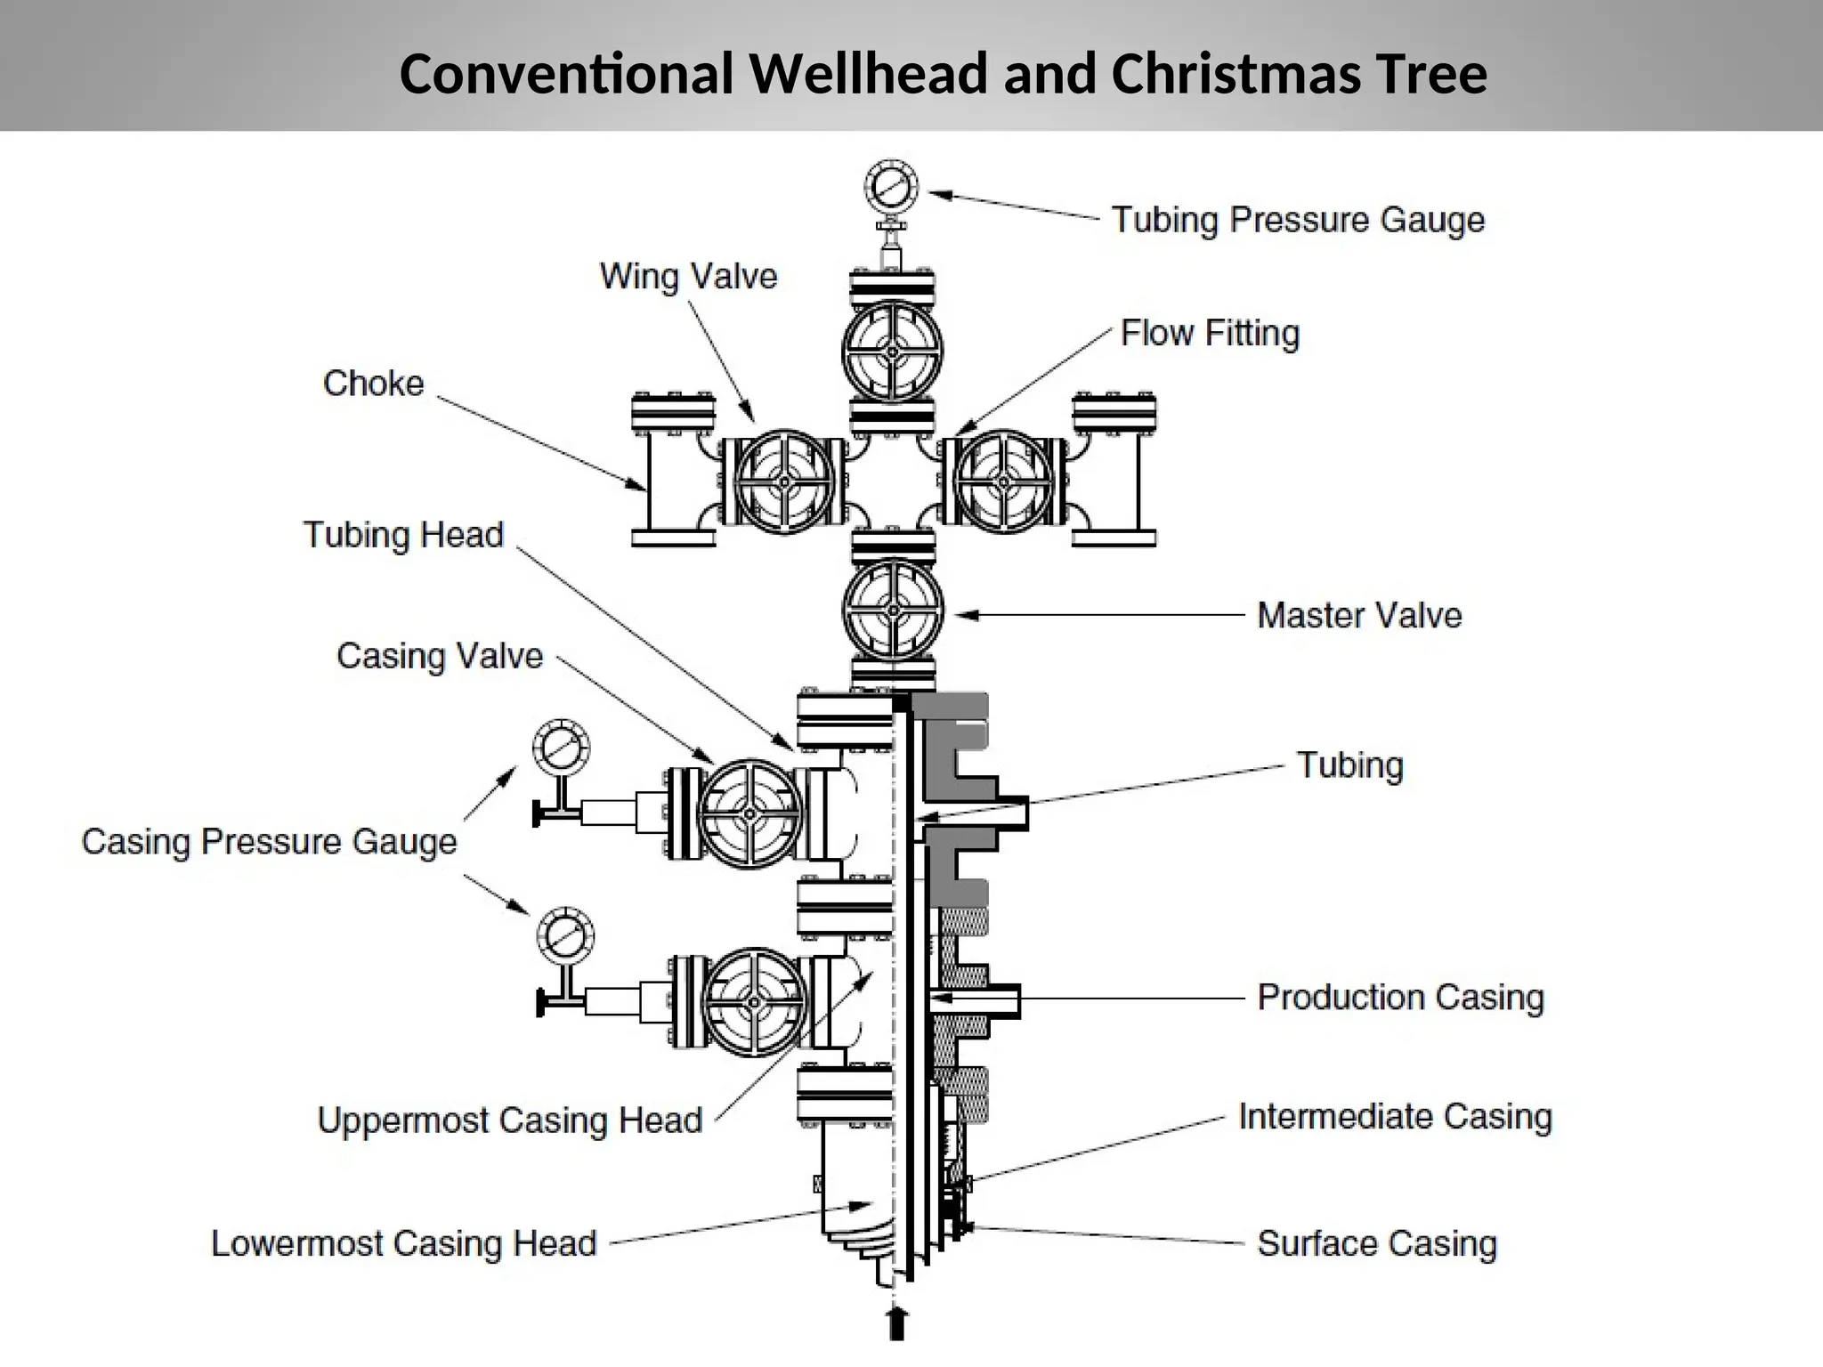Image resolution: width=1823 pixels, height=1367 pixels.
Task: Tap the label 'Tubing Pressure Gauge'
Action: (1298, 220)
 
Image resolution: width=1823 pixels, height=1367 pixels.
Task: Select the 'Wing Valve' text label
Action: (688, 276)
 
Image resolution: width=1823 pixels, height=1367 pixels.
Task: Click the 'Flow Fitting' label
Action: (1210, 333)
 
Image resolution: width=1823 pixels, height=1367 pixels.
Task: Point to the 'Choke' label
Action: (373, 384)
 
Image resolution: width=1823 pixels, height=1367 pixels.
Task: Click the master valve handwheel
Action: (893, 611)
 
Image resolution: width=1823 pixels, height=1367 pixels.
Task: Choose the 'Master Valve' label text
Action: (1359, 615)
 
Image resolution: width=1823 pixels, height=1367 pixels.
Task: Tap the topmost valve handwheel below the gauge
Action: (892, 352)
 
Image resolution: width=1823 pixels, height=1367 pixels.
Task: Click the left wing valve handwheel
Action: (784, 481)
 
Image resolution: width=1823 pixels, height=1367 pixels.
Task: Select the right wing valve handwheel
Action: (1003, 481)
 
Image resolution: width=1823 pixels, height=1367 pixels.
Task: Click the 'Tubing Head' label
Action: (403, 535)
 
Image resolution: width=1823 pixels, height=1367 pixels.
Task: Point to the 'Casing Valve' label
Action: (440, 656)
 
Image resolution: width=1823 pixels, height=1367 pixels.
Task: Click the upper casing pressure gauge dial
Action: (561, 748)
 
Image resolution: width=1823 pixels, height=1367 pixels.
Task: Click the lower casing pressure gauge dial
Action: (565, 935)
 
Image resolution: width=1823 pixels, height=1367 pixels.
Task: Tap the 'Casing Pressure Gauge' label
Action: (269, 842)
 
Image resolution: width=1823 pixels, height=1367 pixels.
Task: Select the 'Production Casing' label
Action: (1399, 998)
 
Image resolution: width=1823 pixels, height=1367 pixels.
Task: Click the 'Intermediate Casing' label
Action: (1395, 1116)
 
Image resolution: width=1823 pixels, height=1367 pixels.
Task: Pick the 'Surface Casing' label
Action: (1376, 1243)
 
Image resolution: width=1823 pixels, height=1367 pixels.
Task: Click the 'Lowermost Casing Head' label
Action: (403, 1243)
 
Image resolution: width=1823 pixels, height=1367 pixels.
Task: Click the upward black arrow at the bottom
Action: (898, 1323)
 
